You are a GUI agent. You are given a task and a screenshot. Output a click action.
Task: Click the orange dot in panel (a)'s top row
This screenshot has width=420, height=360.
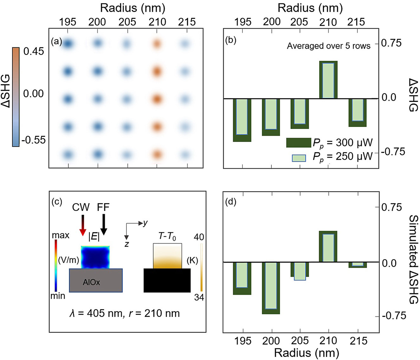157,43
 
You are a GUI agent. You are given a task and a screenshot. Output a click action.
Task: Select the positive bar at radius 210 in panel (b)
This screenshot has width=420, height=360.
328,80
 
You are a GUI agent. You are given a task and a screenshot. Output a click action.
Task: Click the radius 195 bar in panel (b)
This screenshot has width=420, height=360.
242,120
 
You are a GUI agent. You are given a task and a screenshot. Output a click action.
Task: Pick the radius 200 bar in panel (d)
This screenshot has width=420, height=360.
271,287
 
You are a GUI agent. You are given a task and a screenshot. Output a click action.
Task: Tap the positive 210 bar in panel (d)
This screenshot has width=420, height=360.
328,246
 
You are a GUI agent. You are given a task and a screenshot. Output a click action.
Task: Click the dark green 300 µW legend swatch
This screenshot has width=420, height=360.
298,143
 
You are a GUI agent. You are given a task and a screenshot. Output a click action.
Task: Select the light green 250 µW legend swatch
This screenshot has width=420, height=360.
299,158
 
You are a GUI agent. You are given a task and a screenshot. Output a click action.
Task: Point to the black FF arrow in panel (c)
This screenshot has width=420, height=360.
104,224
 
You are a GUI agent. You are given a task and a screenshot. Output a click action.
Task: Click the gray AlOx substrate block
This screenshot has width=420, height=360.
96,280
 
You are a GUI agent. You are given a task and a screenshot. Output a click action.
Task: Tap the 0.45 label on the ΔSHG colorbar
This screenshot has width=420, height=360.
34,51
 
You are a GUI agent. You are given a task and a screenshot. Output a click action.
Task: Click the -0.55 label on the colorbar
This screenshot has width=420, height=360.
34,140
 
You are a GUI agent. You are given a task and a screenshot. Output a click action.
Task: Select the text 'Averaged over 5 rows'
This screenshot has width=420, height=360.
328,46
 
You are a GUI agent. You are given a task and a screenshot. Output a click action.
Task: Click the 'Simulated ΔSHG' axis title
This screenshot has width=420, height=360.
413,259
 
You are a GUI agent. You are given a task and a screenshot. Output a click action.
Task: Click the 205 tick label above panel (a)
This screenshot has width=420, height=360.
127,22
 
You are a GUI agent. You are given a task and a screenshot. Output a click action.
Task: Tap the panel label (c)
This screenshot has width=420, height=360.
57,202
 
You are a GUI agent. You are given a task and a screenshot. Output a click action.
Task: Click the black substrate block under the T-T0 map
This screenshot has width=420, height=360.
167,280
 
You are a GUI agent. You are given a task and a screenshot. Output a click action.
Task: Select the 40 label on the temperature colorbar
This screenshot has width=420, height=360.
199,237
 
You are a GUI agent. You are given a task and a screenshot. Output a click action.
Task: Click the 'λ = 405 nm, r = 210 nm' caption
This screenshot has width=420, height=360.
125,313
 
